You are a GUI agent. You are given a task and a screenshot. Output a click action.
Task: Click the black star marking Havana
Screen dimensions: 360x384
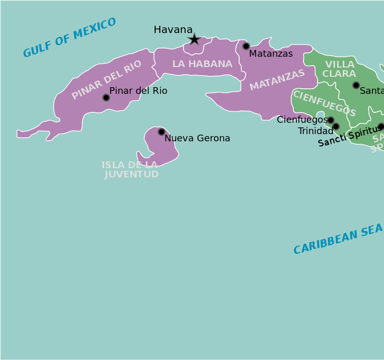194,39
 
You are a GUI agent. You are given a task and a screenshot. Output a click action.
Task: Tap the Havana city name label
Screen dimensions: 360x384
173,30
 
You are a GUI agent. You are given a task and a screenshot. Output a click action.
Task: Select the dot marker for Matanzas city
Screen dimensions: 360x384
246,46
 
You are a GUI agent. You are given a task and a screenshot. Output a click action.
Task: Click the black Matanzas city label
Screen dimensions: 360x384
271,54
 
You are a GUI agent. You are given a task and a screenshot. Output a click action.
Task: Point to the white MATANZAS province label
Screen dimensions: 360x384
277,80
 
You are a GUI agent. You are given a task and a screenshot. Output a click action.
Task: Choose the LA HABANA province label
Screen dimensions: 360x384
202,64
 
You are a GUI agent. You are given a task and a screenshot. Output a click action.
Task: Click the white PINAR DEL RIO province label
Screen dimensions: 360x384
107,79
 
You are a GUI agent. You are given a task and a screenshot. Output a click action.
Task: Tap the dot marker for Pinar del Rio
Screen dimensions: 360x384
106,97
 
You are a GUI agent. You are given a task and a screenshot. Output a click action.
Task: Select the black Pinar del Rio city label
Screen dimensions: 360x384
138,91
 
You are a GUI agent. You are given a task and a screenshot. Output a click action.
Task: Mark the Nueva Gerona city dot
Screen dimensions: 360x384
161,132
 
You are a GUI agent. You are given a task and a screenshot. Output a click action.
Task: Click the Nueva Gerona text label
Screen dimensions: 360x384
197,138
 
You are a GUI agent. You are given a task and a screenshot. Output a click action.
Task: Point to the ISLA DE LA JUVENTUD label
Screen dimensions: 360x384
130,170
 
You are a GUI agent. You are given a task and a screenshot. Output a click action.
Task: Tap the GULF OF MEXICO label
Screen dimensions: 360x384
70,38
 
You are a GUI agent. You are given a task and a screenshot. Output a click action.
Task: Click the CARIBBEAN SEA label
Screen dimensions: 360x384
338,239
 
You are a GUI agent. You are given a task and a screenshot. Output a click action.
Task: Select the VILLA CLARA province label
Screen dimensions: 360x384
339,69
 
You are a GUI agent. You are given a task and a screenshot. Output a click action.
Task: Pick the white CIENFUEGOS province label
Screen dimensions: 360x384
324,103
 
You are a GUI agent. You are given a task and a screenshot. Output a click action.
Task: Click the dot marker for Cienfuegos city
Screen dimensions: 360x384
330,120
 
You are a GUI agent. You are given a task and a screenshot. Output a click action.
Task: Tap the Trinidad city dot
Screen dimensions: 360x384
336,126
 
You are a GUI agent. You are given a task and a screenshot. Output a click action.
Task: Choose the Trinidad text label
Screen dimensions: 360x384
315,131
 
